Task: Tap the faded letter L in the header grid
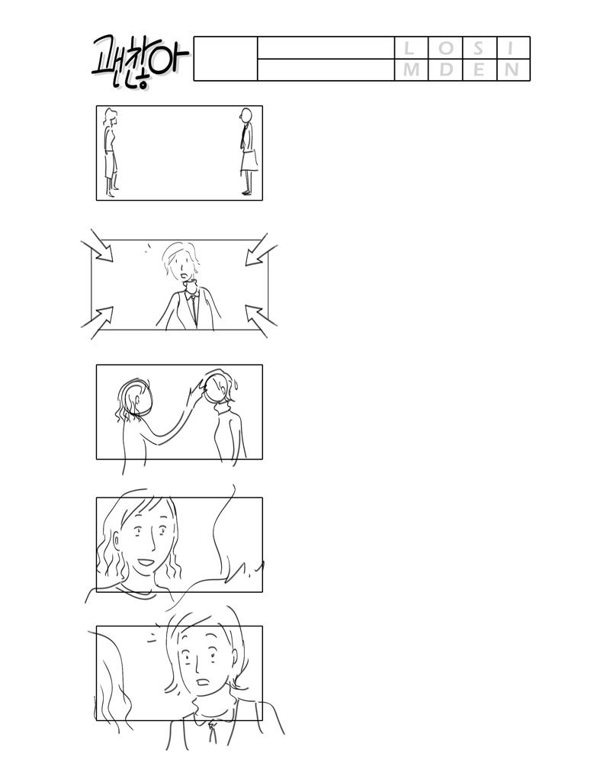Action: click(408, 48)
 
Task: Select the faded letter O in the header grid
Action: click(445, 48)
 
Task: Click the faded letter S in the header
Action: click(479, 48)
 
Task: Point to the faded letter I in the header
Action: click(510, 48)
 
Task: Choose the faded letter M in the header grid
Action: click(411, 69)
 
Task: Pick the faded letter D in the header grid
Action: click(445, 69)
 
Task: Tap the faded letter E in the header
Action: click(479, 69)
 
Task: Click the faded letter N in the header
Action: click(511, 69)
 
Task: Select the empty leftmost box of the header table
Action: click(226, 59)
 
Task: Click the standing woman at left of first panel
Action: click(111, 153)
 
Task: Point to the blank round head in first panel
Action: click(246, 115)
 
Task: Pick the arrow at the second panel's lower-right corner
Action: click(262, 321)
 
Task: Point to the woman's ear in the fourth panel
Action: click(117, 541)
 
